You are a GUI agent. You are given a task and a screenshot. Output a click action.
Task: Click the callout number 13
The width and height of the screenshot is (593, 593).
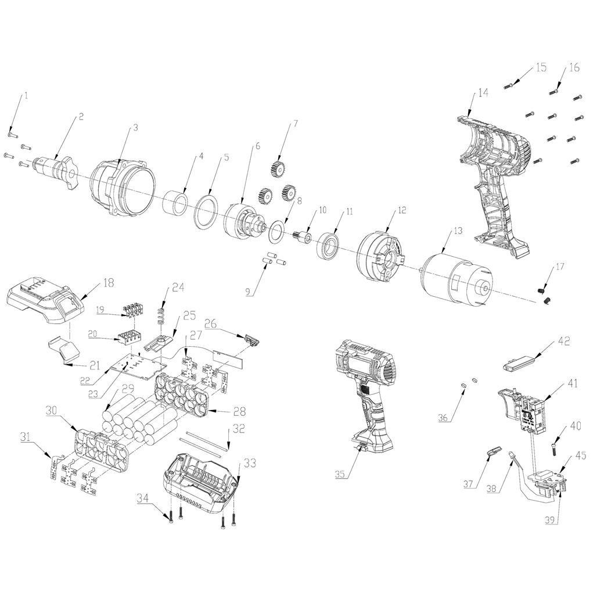coord(458,231)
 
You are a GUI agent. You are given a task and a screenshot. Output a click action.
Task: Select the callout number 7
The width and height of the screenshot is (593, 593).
coord(295,123)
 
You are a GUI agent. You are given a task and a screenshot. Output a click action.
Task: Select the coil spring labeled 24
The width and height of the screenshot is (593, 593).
coord(161,315)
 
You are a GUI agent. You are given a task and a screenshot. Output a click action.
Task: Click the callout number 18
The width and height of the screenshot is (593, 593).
coord(109,283)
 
